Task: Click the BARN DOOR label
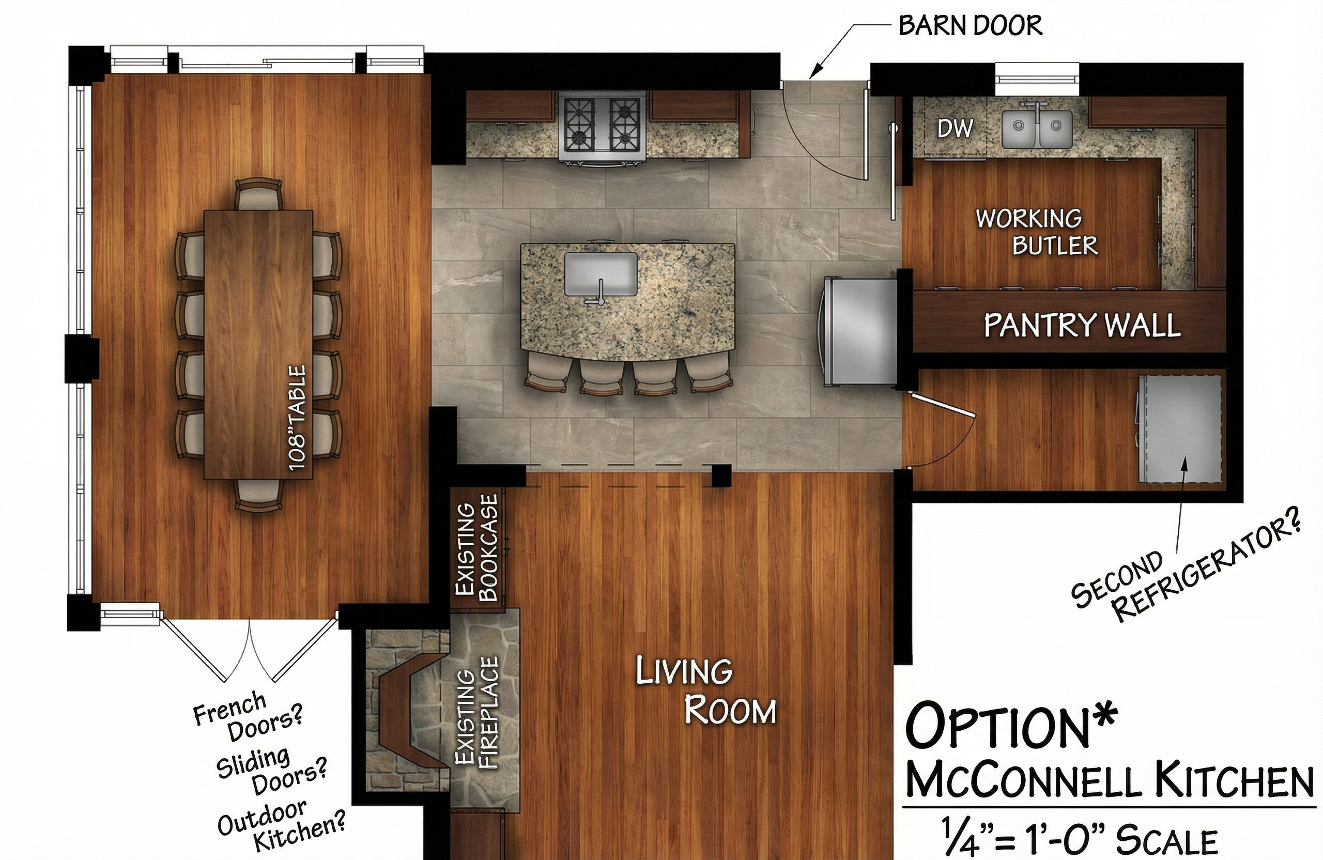tap(970, 25)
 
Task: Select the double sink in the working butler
tap(1037, 129)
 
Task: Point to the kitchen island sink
tap(601, 274)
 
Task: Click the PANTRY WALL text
tap(1082, 325)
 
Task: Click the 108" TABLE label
tap(297, 418)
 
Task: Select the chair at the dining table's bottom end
tap(258, 495)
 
